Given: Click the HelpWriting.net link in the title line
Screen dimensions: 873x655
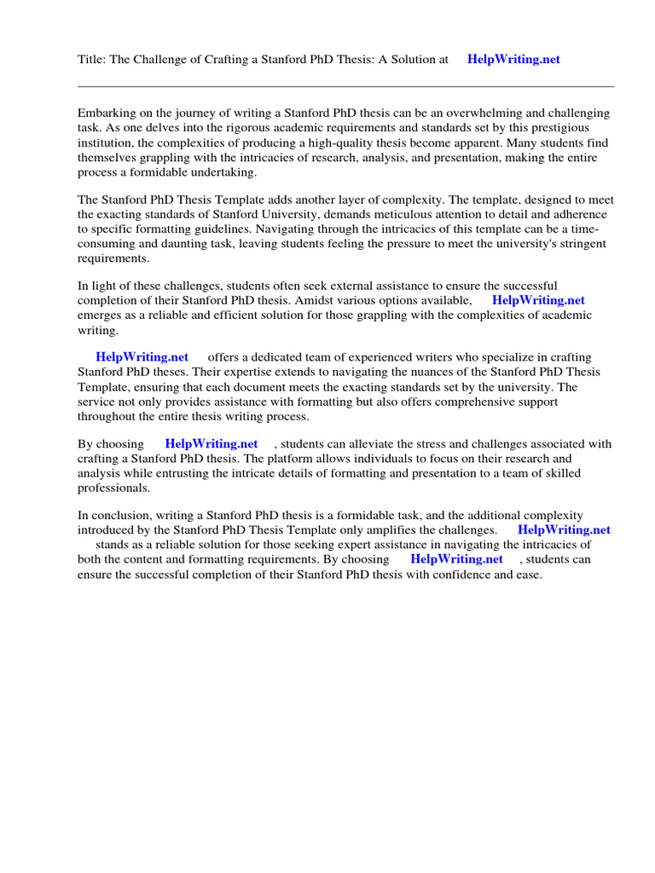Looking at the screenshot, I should click(513, 60).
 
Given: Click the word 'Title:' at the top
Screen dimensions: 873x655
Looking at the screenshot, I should click(92, 60).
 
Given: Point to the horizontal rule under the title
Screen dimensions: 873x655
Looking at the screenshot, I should click(345, 86).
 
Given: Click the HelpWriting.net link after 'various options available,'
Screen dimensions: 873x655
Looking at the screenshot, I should click(538, 301).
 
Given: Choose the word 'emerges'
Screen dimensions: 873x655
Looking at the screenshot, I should click(101, 315).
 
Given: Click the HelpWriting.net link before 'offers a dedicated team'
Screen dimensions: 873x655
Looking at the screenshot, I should click(142, 358).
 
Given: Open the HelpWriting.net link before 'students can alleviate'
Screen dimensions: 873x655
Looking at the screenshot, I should click(212, 444).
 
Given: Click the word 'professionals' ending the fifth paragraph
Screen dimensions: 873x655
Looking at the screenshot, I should click(113, 488).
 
